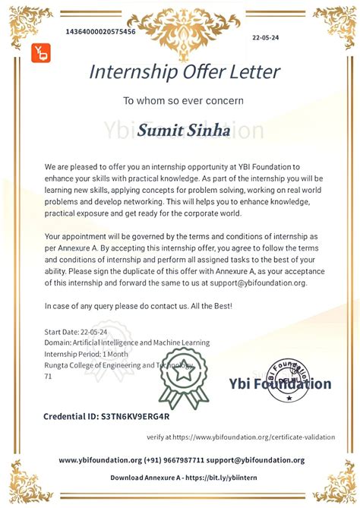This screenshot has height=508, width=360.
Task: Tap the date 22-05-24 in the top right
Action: (265, 36)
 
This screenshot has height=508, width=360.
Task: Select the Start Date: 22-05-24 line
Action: (77, 332)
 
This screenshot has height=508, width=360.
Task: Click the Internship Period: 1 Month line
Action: (86, 354)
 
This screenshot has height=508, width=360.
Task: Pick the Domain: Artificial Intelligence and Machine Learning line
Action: (127, 342)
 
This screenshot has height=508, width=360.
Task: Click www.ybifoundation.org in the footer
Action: (100, 460)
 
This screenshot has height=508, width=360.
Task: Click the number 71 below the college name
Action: (49, 376)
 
